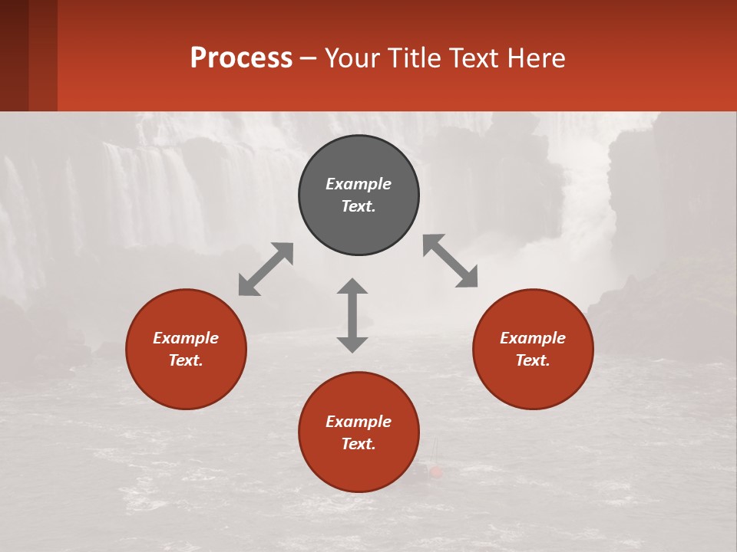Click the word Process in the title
(x=241, y=58)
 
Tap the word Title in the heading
(x=412, y=58)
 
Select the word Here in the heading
(x=538, y=58)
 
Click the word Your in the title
(x=353, y=58)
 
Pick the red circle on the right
(x=533, y=379)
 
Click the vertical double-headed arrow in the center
(x=352, y=315)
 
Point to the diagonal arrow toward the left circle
(x=266, y=269)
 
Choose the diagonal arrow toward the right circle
(x=451, y=261)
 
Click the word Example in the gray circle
(x=359, y=184)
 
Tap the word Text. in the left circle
(x=186, y=360)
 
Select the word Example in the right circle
(x=533, y=338)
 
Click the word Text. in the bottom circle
(x=359, y=444)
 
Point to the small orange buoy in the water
(x=436, y=472)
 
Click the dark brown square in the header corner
(x=15, y=55)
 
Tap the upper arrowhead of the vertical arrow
(x=352, y=286)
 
